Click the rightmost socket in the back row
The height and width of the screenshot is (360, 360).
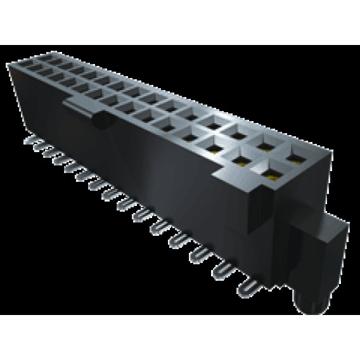(x=295, y=153)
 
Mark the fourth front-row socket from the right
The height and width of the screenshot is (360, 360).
(x=189, y=134)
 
